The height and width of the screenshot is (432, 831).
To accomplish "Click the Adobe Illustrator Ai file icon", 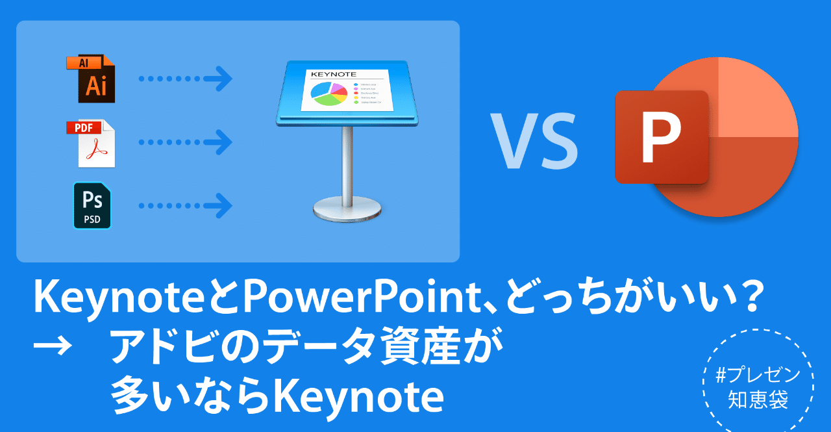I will click(x=91, y=79).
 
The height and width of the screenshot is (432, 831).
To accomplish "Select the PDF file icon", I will click(x=92, y=143).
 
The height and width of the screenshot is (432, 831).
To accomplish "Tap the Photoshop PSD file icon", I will click(x=92, y=205).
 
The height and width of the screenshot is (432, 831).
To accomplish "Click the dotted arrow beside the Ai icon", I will click(x=185, y=79).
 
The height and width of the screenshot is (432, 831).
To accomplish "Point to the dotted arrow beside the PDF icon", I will click(x=185, y=142).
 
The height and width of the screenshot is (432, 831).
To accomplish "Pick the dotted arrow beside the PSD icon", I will click(x=185, y=206).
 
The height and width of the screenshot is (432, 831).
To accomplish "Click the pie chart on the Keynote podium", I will click(x=330, y=93).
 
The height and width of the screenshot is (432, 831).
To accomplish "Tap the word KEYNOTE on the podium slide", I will click(x=331, y=75).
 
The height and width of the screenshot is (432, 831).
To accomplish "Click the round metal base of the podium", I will click(x=347, y=209).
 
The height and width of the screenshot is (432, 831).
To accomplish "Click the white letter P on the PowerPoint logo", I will click(x=661, y=137).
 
